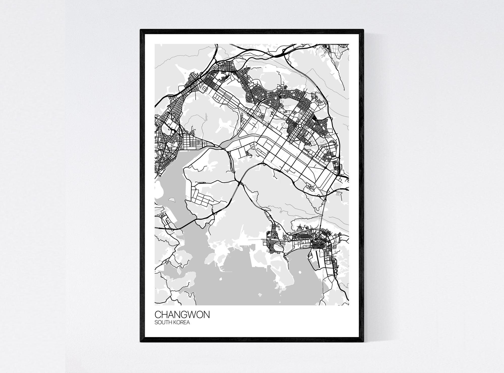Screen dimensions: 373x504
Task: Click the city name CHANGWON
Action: (x=182, y=315)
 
